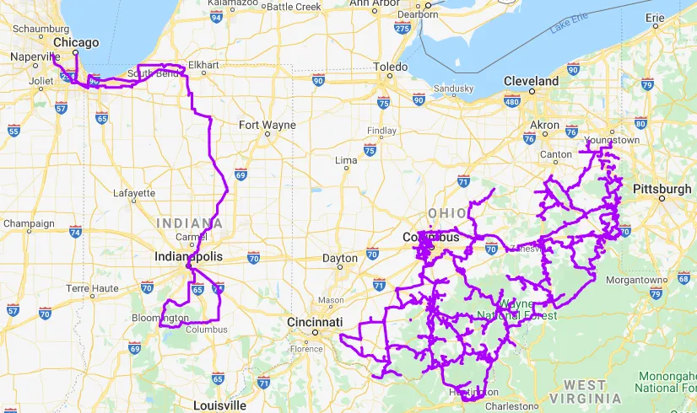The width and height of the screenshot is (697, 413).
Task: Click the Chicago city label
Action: [x=76, y=42]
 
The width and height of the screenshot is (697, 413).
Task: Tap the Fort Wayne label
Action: [x=267, y=125]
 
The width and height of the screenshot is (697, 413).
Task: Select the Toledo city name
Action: [x=390, y=67]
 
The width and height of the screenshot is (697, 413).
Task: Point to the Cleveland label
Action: [x=531, y=81]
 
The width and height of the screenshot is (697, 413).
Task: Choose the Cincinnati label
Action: [x=314, y=323]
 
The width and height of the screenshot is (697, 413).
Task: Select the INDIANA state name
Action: [x=190, y=223]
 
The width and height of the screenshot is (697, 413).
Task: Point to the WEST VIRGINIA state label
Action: [x=585, y=391]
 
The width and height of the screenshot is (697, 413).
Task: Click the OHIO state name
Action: [x=446, y=213]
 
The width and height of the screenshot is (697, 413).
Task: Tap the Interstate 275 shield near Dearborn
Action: [x=402, y=29]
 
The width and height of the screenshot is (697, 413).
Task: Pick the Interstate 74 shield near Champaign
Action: [x=75, y=231]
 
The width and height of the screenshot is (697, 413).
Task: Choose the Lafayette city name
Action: [x=134, y=193]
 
